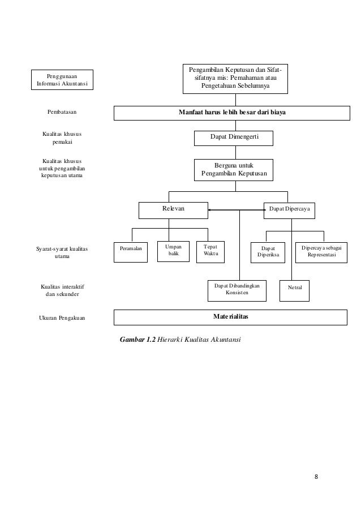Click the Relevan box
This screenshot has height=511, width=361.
(173, 210)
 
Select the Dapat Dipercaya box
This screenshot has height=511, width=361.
(289, 210)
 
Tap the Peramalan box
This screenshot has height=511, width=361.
(131, 252)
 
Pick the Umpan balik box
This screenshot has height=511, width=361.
(173, 251)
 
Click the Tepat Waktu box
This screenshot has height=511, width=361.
(210, 252)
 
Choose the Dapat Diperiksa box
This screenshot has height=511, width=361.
(268, 252)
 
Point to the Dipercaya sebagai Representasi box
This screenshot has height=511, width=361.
(321, 252)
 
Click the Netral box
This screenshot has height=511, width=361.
(295, 291)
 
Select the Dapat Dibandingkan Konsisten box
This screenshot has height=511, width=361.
(237, 291)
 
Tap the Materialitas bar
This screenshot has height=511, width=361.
(230, 317)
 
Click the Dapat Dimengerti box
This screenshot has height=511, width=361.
(234, 138)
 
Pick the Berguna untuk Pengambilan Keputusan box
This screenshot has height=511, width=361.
(234, 170)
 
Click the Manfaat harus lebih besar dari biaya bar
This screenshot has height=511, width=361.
(232, 113)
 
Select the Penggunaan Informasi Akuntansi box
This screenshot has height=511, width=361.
(62, 80)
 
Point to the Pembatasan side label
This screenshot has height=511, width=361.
(62, 112)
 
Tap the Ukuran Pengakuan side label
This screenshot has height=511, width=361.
(62, 318)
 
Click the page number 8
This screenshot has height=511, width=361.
(316, 477)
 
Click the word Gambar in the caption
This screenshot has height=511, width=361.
(132, 340)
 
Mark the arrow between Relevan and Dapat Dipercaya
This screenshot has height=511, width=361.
(237, 210)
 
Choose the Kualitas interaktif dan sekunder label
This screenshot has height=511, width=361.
(62, 290)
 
